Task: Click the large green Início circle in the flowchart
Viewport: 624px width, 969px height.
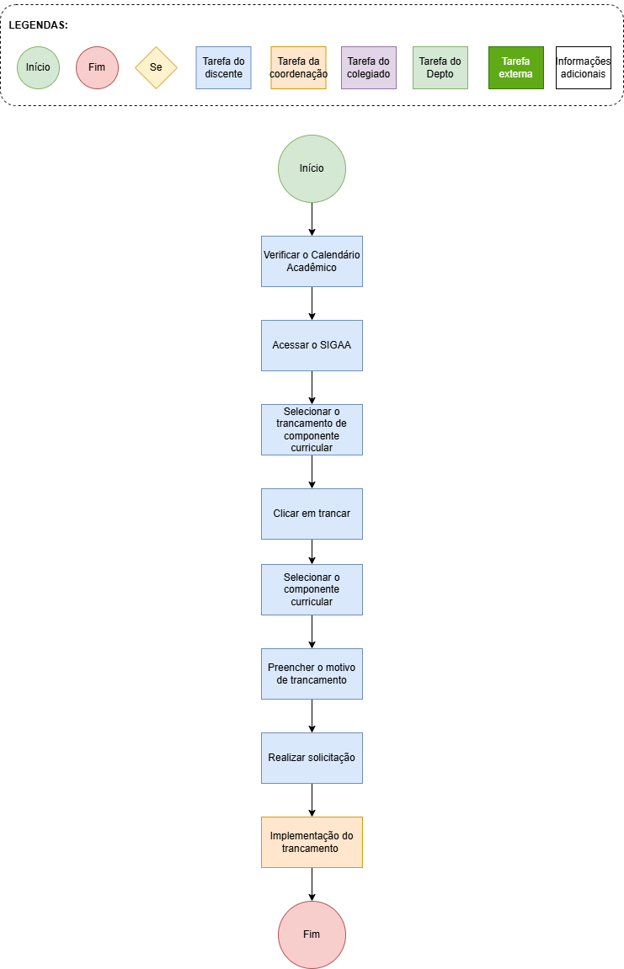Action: tap(312, 168)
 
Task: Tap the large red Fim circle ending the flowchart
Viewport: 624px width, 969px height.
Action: tap(312, 934)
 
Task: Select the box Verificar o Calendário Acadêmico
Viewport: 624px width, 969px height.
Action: tap(312, 262)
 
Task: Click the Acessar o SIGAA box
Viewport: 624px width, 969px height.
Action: tap(312, 345)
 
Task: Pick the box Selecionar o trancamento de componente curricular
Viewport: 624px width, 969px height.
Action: tap(312, 429)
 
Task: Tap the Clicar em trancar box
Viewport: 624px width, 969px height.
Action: tap(312, 514)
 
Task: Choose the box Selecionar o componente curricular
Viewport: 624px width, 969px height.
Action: tap(312, 589)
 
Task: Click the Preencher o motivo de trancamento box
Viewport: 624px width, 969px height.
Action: tap(312, 674)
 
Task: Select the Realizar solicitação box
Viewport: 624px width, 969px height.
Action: tap(312, 758)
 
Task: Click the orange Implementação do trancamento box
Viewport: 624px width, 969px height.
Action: tap(312, 843)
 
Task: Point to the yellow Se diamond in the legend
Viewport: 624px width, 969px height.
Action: tap(157, 67)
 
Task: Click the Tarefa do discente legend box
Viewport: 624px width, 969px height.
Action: tap(224, 67)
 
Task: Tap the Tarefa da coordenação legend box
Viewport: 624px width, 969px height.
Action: tap(299, 67)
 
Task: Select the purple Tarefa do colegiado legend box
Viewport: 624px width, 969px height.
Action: tap(369, 67)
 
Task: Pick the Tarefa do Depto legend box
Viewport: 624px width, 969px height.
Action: tap(440, 67)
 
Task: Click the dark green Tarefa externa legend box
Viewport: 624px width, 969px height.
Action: tap(516, 67)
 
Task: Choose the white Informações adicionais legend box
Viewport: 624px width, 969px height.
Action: tap(584, 67)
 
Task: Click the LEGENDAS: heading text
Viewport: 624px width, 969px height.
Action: tap(39, 25)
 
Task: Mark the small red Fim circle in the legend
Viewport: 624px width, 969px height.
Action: tap(97, 67)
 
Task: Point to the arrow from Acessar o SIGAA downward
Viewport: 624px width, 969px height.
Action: tap(312, 387)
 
